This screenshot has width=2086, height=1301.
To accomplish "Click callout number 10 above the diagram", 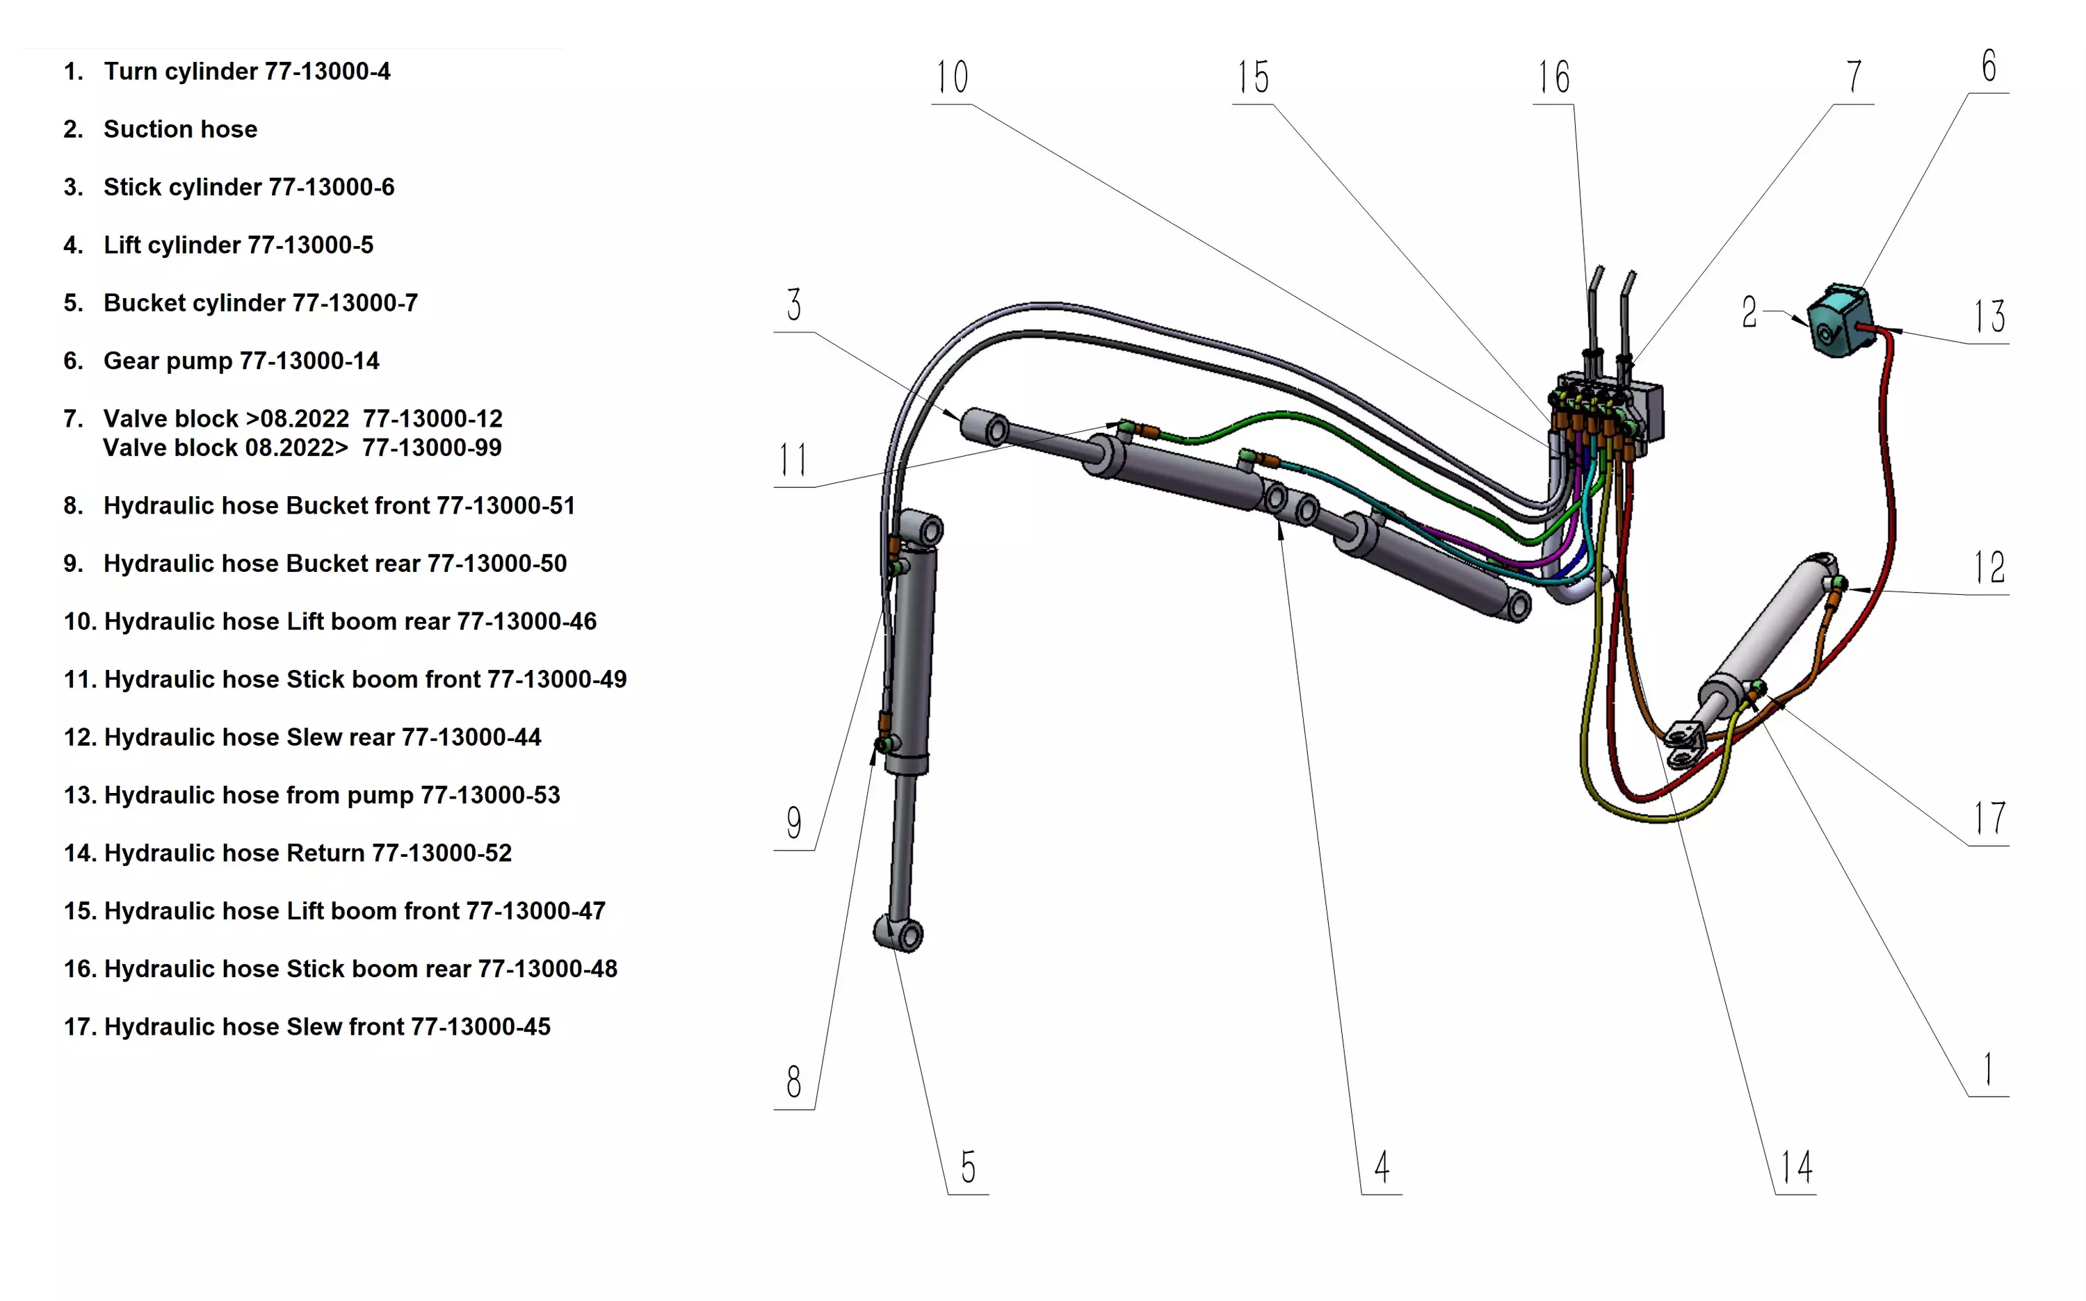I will pos(952,77).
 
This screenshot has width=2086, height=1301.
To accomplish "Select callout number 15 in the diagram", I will pos(1254,77).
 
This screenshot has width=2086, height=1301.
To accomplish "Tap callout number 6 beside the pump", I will pos(1989,66).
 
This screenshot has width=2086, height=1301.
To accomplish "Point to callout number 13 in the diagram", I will pos(1989,317).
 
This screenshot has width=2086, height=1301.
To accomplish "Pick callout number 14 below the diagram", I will pos(1797,1168).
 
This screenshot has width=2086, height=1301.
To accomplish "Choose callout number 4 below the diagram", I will pos(1382,1168).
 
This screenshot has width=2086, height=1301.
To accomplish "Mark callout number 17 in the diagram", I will pos(1989,818).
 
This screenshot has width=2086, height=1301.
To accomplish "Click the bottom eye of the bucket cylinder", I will pos(900,933).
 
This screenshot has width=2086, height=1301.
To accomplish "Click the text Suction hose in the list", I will pos(180,129).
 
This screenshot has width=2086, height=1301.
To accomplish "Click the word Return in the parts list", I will pos(325,853).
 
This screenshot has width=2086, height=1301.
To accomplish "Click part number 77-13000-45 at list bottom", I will pos(480,1027).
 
